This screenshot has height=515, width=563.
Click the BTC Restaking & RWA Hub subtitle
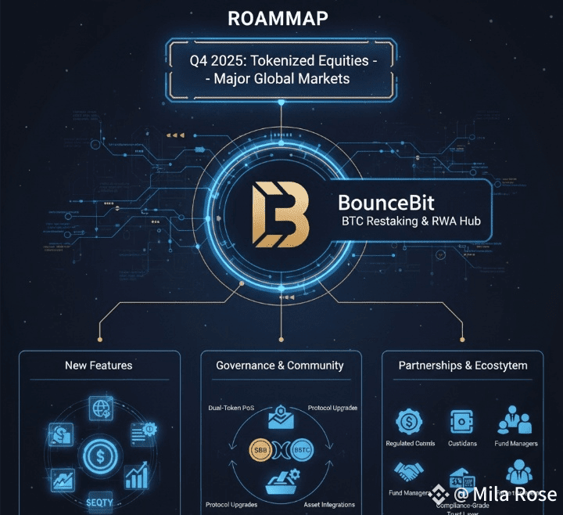(410, 221)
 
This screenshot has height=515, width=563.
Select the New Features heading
(99, 365)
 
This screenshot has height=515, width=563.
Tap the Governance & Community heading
(280, 365)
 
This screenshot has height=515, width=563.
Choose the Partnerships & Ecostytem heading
(463, 365)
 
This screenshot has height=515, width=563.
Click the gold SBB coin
(259, 451)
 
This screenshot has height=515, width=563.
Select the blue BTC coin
(301, 451)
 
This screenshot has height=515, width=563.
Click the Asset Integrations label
(329, 505)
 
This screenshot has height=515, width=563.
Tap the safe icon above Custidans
(461, 421)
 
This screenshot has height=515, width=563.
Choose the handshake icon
(409, 472)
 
